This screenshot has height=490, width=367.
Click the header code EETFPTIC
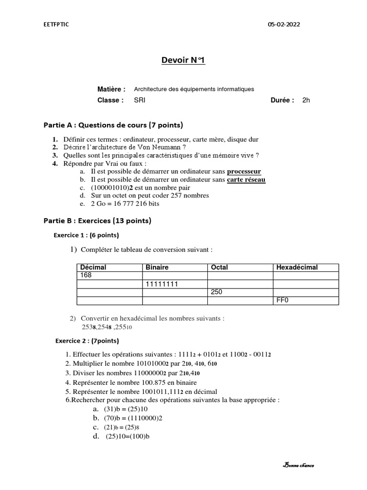point(56,25)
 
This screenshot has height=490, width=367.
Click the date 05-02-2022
point(285,25)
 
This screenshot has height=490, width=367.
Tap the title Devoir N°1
point(183,60)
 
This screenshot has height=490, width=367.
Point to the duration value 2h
point(306,100)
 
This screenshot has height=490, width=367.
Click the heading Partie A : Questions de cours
point(113,125)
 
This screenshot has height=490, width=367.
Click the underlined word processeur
point(244,171)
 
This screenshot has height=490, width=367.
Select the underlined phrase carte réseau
point(246,179)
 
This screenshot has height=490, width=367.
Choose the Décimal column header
point(93,267)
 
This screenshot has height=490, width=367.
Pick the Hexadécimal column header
point(297,267)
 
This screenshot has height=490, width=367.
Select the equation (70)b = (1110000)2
point(133,418)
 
